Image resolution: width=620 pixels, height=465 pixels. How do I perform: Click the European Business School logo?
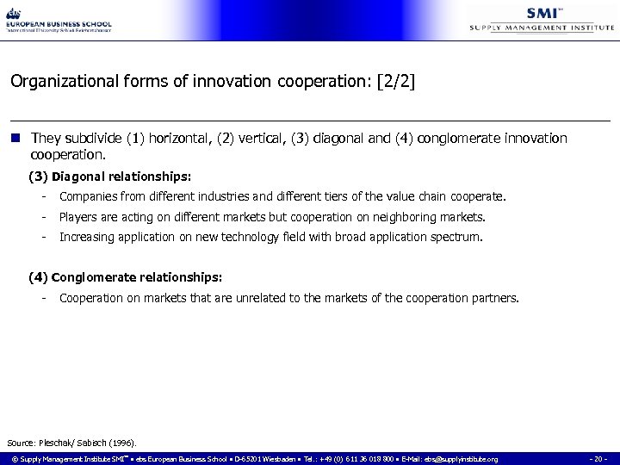click(59, 19)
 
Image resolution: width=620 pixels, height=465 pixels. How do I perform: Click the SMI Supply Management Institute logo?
click(542, 19)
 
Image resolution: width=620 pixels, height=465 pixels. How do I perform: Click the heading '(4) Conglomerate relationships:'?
click(126, 278)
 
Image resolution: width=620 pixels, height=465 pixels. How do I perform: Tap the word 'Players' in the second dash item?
click(78, 217)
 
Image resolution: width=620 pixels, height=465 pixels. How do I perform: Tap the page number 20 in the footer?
click(599, 459)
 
